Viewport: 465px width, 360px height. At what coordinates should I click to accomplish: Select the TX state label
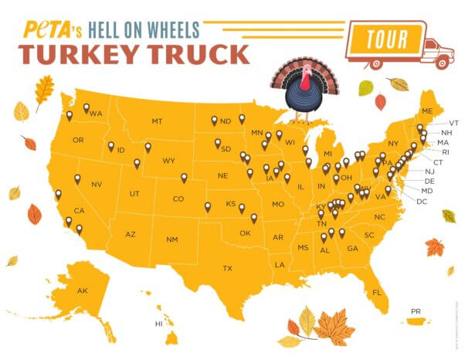click(x=228, y=268)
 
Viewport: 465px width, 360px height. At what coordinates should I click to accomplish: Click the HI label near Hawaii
click(x=159, y=324)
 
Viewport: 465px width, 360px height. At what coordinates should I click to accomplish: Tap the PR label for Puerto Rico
click(x=416, y=311)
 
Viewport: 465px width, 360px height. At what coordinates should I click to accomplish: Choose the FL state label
click(x=377, y=292)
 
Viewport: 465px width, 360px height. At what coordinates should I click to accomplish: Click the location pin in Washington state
click(x=87, y=109)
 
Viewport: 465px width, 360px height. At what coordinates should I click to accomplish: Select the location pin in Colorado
click(x=184, y=178)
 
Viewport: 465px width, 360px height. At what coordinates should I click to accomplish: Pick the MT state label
click(x=157, y=121)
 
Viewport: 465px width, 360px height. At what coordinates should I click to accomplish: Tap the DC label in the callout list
click(x=422, y=201)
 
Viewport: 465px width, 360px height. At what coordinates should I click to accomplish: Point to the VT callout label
click(x=454, y=123)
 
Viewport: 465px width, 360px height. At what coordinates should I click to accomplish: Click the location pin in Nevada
click(x=76, y=179)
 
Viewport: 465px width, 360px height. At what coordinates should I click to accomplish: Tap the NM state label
click(x=171, y=239)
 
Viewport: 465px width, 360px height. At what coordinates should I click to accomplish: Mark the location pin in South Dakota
click(x=218, y=143)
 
